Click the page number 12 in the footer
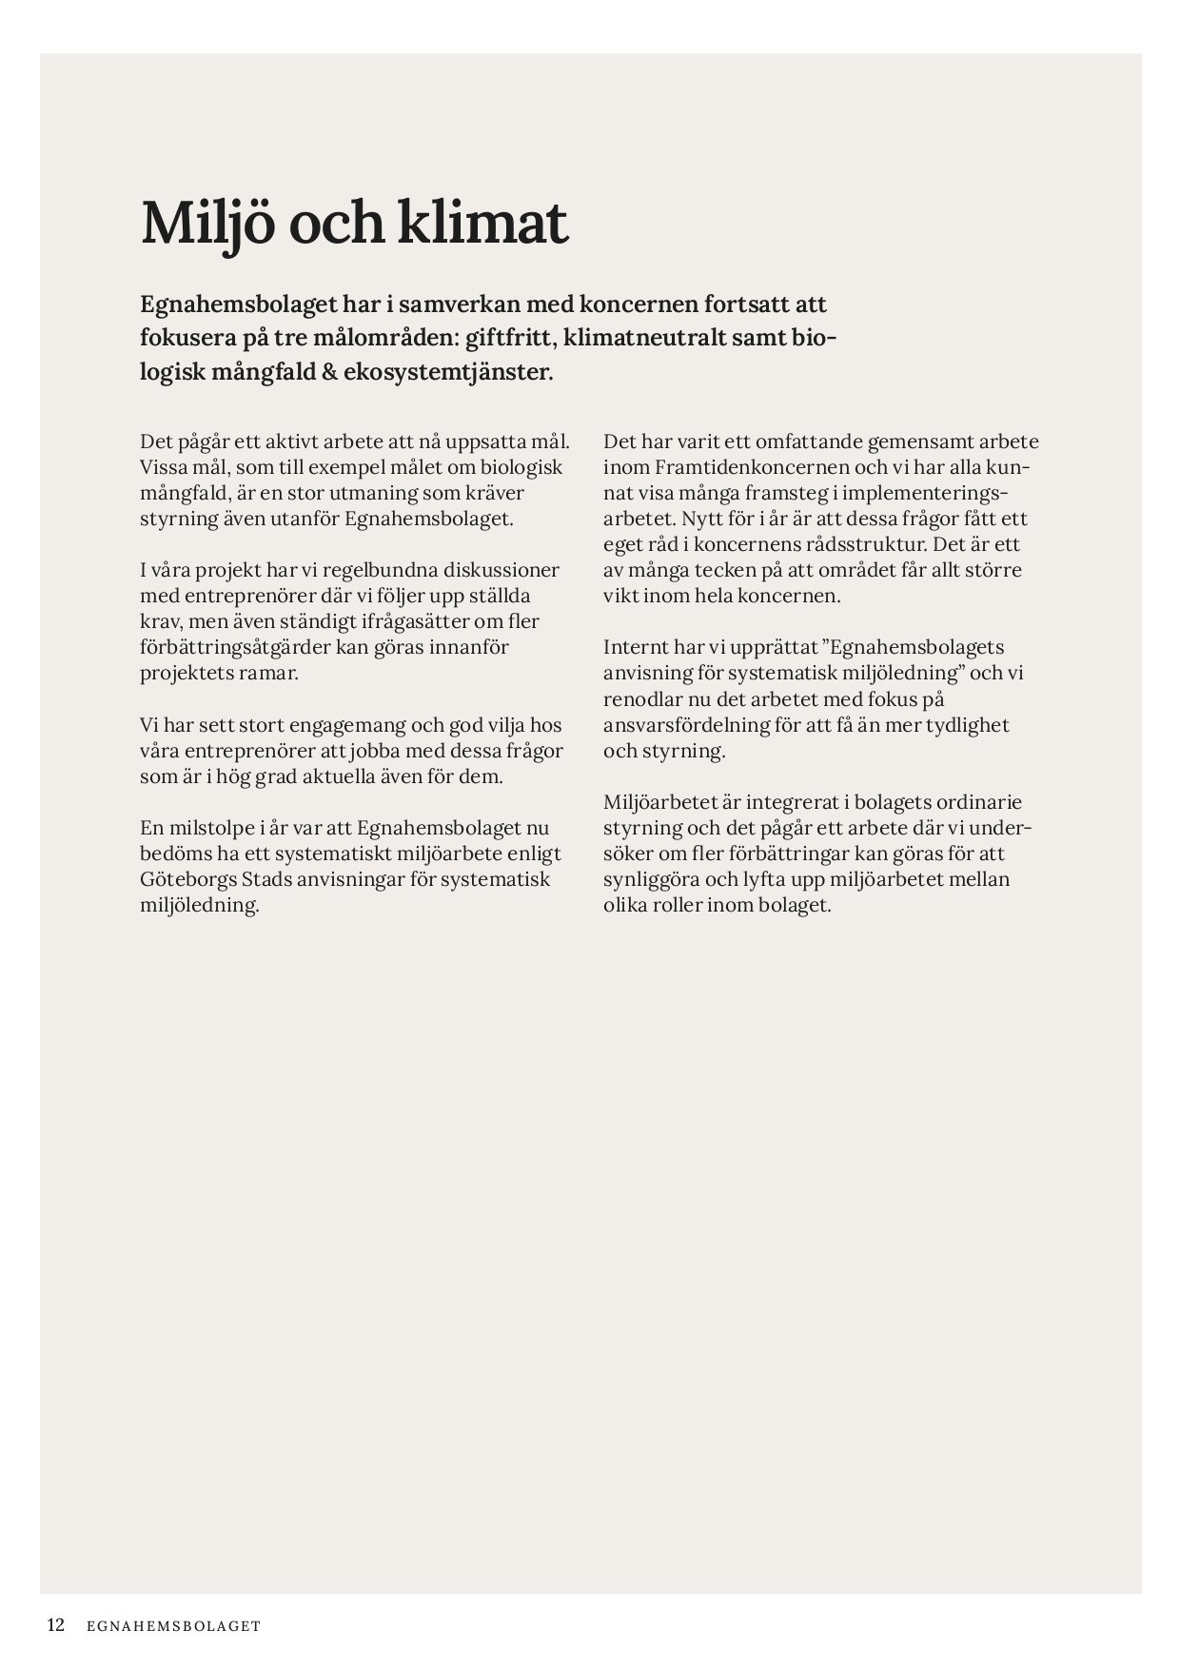coord(56,1625)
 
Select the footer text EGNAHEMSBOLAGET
coord(172,1626)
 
